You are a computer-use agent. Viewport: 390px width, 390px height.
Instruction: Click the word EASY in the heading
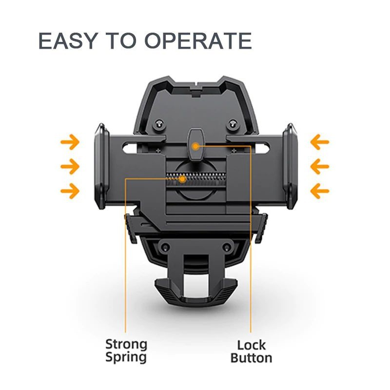(x=67, y=40)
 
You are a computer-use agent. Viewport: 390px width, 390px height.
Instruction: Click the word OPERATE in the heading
(x=198, y=40)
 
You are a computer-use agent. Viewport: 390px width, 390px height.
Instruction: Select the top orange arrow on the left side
(x=70, y=142)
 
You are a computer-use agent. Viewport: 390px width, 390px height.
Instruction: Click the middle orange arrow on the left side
(x=70, y=166)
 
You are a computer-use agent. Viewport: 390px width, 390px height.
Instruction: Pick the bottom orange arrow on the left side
(x=70, y=191)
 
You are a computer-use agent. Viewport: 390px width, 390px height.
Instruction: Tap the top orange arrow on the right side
(x=320, y=142)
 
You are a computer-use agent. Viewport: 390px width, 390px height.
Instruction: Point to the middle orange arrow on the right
(x=320, y=166)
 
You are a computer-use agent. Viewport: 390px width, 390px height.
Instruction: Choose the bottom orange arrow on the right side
(x=320, y=191)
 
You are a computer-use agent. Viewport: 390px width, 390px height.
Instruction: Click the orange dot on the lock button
(x=196, y=146)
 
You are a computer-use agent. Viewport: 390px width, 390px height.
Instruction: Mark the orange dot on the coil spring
(x=182, y=179)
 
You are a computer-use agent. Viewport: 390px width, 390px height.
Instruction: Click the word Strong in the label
(x=126, y=345)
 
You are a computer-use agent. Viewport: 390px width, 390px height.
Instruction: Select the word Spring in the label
(x=126, y=357)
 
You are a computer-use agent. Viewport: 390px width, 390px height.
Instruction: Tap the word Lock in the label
(x=251, y=345)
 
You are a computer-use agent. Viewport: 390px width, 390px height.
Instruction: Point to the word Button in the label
(x=251, y=358)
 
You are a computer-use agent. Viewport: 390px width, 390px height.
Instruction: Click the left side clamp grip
(x=102, y=166)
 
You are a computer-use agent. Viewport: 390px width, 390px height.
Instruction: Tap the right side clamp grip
(x=290, y=166)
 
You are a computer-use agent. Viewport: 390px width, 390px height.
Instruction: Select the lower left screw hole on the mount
(x=165, y=247)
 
